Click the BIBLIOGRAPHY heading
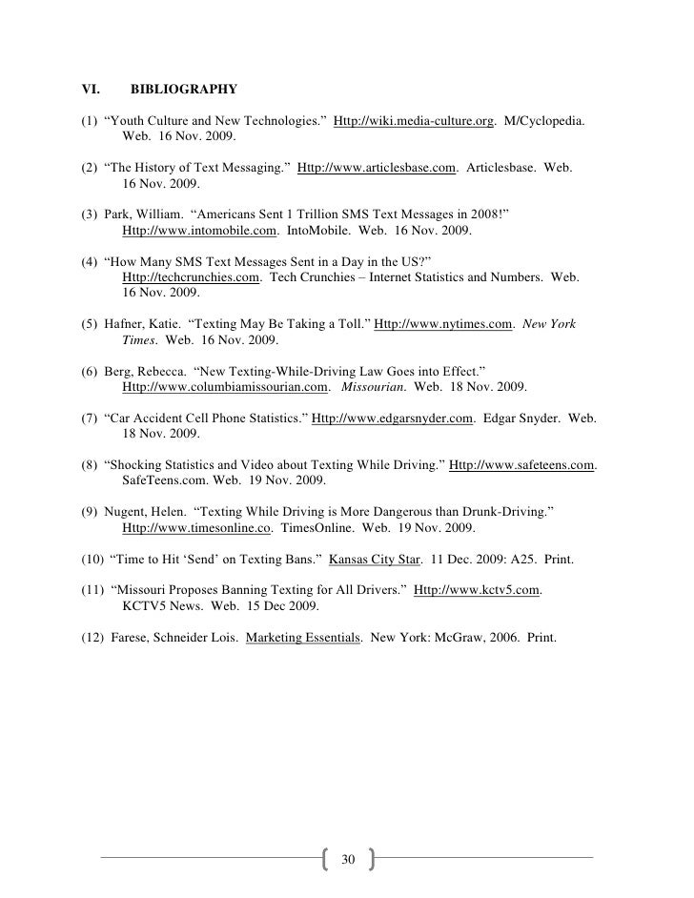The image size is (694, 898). (x=184, y=91)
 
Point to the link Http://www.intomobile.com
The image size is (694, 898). (x=200, y=230)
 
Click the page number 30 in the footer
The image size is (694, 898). (x=347, y=860)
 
